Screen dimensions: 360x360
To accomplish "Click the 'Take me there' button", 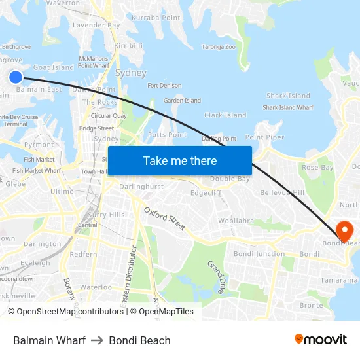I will tap(180, 160).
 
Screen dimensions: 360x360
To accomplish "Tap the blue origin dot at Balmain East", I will tap(16, 77).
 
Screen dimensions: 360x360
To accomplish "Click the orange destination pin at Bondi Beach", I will tap(343, 230).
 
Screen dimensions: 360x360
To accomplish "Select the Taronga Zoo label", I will tap(218, 47).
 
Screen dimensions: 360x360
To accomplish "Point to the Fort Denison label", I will tap(164, 86).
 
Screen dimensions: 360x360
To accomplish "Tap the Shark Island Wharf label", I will tap(288, 107).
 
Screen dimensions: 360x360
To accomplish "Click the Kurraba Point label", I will tap(156, 18).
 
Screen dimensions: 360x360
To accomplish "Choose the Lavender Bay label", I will tap(96, 25).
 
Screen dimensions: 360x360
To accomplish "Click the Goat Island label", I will tap(53, 67).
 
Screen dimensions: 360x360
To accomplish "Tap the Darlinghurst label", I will tap(141, 187).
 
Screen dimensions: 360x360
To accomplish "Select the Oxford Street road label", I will tap(164, 218).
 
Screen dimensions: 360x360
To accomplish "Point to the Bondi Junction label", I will tap(259, 254).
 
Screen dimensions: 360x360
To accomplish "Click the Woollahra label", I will tap(236, 221).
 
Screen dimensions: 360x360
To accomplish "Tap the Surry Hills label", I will tap(106, 215).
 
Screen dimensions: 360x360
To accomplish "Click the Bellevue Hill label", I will tap(282, 193).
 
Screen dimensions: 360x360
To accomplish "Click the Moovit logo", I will tap(320, 339).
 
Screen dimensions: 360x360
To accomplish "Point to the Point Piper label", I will tap(264, 137).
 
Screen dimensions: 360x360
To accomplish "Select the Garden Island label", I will tap(182, 101).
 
